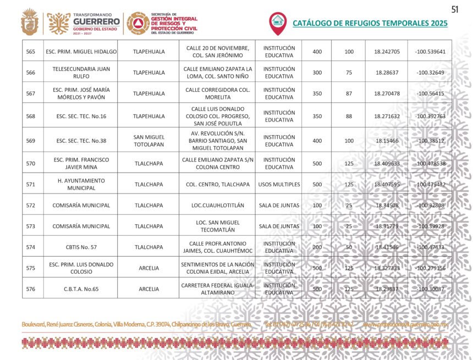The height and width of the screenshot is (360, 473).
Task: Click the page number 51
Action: pos(455,9)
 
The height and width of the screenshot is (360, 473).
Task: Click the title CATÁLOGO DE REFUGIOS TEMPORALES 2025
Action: pos(370,24)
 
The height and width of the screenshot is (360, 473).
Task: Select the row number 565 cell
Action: pos(31,52)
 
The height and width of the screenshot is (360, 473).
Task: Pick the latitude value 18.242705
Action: pos(387,52)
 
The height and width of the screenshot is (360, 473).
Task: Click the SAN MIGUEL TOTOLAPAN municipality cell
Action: pos(149,141)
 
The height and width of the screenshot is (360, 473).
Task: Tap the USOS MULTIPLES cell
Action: pos(279,185)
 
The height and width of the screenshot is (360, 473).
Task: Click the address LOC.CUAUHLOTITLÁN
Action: pos(217,206)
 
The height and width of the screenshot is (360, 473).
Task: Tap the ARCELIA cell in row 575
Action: pos(149,268)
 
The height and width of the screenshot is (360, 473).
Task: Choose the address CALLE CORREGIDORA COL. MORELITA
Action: pos(217,93)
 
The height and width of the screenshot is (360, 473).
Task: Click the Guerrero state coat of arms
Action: pos(30,23)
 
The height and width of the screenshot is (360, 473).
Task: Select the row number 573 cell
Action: pos(31,226)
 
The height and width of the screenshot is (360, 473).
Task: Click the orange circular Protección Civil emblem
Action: pos(136,23)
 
